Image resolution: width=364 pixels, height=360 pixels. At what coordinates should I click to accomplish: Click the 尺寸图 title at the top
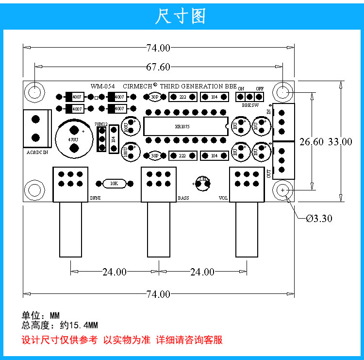click(181, 16)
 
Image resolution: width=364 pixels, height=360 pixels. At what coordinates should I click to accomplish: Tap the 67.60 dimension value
click(158, 67)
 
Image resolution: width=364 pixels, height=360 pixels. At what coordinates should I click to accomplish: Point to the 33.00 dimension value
click(340, 142)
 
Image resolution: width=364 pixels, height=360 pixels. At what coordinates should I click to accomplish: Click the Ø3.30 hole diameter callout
click(319, 219)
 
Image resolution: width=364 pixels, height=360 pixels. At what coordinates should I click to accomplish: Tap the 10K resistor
click(114, 183)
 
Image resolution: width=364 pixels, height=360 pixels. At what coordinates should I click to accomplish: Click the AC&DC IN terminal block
click(36, 128)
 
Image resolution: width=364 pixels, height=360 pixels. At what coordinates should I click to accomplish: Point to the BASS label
click(183, 198)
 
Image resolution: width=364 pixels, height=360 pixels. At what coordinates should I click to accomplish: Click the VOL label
click(223, 198)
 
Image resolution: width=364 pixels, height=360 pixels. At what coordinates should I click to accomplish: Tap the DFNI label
click(95, 198)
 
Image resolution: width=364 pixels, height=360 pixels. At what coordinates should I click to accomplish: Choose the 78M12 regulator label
click(101, 124)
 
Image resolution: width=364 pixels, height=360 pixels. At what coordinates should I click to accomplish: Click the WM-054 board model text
click(102, 85)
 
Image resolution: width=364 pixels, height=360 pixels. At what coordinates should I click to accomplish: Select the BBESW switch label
click(249, 104)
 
